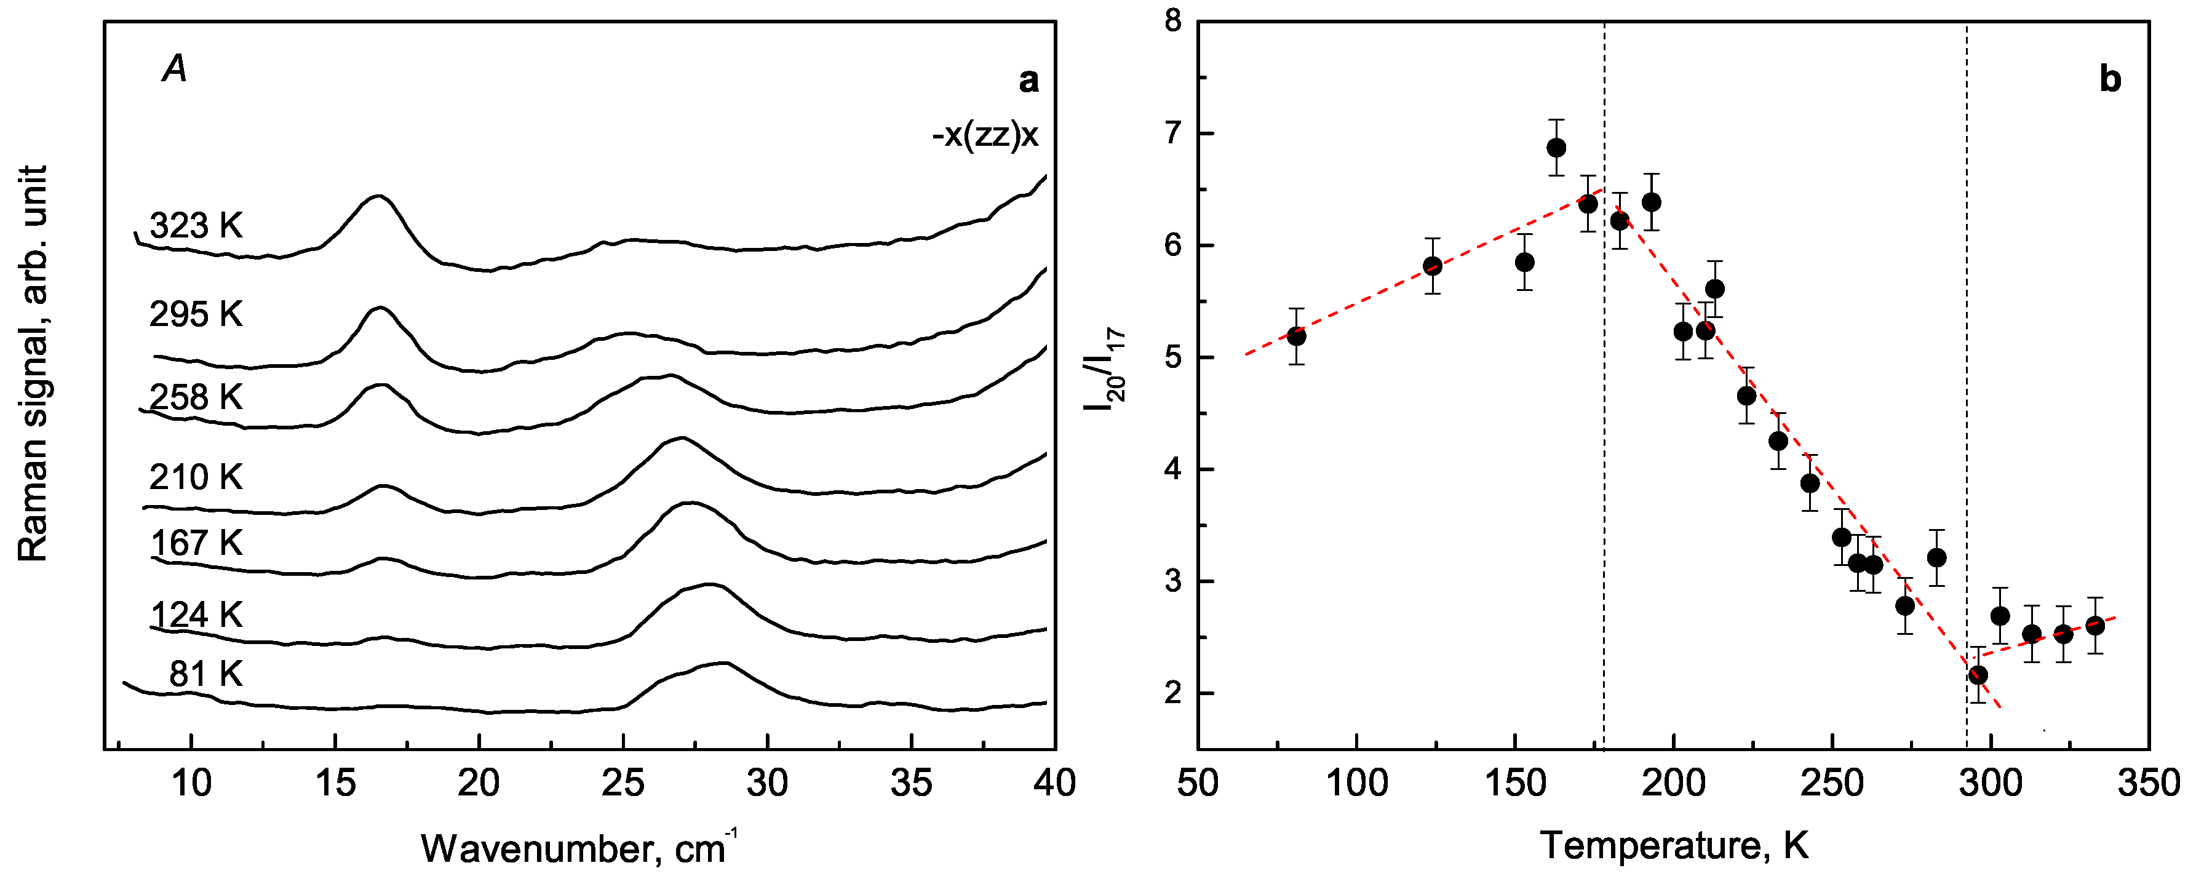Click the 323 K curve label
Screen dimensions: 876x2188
196,226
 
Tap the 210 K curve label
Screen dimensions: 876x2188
196,477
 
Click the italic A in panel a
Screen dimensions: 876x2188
174,68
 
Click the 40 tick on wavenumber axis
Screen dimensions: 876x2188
1054,783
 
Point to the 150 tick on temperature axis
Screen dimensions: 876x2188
1514,783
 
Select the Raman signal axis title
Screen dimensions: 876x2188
32,364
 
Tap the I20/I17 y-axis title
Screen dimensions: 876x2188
1104,370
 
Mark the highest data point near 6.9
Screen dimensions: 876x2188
1556,148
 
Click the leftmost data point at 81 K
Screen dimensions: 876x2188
1296,336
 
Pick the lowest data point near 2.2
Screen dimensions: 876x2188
1978,675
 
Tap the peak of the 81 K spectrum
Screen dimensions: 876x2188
722,663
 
